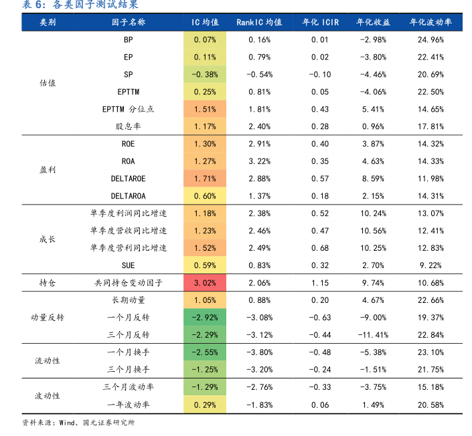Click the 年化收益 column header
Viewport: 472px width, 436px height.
point(373,22)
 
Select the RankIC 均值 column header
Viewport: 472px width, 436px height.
point(259,22)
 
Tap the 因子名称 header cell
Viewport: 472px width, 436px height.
point(128,22)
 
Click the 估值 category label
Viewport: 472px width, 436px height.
point(48,83)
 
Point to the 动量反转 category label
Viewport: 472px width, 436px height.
point(48,317)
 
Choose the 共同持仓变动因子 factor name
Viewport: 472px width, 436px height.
point(128,283)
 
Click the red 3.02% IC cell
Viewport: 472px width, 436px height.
point(205,283)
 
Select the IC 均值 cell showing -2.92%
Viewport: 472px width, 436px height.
point(205,317)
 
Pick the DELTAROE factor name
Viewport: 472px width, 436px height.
point(128,179)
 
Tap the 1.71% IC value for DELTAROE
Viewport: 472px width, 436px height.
point(205,179)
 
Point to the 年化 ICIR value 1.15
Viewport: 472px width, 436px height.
point(320,283)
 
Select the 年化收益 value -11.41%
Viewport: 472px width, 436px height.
point(373,334)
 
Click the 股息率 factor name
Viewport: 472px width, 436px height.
point(128,126)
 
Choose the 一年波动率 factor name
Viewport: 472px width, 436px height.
point(128,405)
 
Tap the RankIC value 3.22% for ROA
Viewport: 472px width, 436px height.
point(259,161)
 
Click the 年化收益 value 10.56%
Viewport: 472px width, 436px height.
point(373,231)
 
